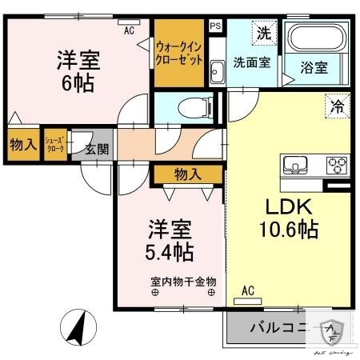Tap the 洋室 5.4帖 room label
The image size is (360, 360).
point(169,240)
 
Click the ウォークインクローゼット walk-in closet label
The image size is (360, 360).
point(180,53)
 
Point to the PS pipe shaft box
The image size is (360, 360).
point(214,26)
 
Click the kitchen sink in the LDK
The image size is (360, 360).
point(295,166)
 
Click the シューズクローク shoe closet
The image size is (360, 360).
point(55,146)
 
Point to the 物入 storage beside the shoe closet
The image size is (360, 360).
point(22,146)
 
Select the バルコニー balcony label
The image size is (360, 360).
point(277,327)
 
